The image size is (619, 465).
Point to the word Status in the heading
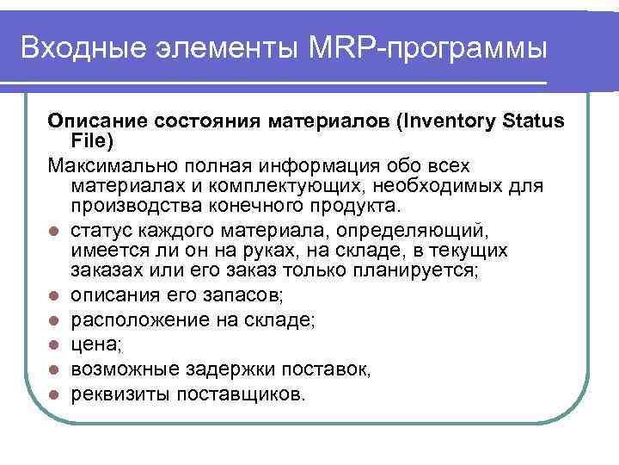(x=533, y=121)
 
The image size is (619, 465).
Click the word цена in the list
(x=94, y=345)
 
